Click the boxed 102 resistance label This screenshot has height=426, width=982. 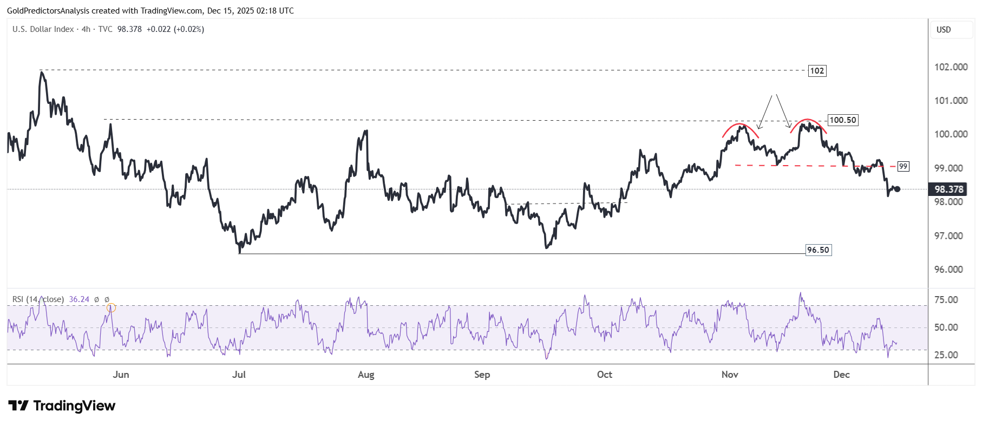point(817,70)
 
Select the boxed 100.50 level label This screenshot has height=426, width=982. point(843,120)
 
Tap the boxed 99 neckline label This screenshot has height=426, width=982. point(903,166)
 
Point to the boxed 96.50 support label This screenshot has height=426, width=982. point(818,250)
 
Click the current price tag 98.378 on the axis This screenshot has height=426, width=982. point(949,189)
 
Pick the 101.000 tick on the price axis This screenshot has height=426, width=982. point(951,101)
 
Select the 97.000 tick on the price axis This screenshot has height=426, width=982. point(951,236)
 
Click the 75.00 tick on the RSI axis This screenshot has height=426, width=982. point(946,300)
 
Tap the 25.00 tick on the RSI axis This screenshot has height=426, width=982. point(946,355)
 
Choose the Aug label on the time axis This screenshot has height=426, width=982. point(366,375)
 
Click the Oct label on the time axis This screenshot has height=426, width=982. point(604,375)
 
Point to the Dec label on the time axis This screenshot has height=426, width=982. point(841,375)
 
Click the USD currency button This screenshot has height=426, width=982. point(944,30)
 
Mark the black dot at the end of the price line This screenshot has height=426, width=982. point(897,189)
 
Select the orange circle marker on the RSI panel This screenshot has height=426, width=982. point(111,308)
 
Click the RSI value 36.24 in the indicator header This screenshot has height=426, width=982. point(79,299)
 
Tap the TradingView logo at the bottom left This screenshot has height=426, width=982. point(62,406)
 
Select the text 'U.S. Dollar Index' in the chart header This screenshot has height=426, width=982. point(43,29)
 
